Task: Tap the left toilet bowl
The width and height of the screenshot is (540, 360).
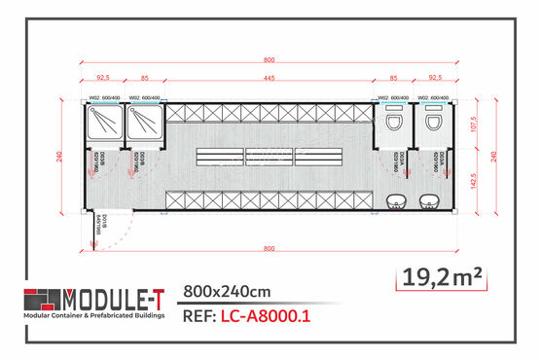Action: tap(393, 125)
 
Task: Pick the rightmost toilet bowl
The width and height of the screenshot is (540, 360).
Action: tap(430, 125)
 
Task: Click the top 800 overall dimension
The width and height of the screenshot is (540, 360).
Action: tap(269, 59)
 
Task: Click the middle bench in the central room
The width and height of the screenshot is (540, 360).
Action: tap(268, 156)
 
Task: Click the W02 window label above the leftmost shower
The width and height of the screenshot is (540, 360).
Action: tap(102, 98)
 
